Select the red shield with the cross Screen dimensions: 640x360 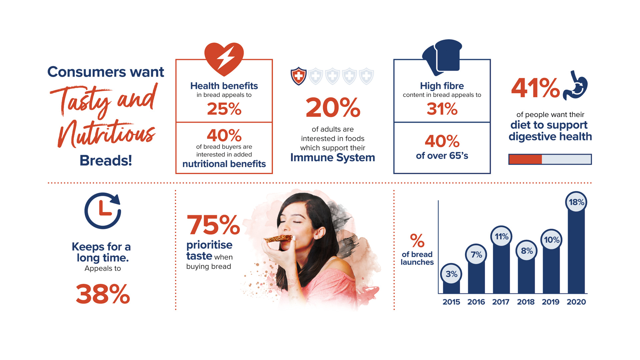(299, 76)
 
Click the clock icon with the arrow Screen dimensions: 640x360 (103, 211)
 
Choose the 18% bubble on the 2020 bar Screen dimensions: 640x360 (576, 202)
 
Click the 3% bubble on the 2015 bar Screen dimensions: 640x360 (451, 274)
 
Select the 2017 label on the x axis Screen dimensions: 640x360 (501, 302)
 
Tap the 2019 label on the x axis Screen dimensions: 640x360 (550, 302)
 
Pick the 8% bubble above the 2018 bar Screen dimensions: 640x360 (527, 251)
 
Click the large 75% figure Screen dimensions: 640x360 (213, 225)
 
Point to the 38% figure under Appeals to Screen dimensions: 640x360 (103, 294)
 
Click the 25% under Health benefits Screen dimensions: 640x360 (224, 109)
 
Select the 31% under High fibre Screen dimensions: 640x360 (442, 109)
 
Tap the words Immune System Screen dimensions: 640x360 (333, 157)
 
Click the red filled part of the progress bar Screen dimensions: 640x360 (525, 159)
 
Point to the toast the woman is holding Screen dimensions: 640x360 (279, 239)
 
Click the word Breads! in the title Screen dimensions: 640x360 (106, 160)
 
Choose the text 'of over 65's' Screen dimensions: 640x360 (442, 156)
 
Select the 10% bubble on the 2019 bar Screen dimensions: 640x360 (551, 240)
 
